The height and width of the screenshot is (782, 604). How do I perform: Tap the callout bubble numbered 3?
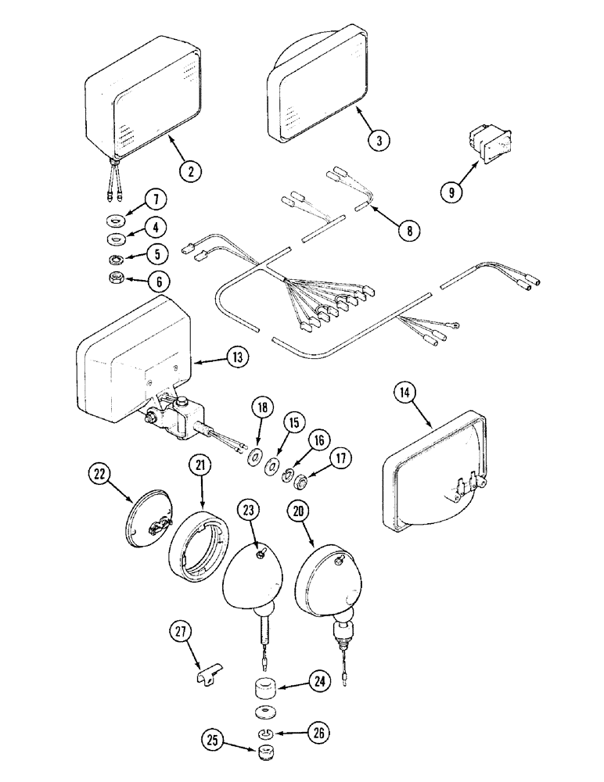pos(379,141)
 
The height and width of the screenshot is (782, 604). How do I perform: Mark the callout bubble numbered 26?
pos(319,734)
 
